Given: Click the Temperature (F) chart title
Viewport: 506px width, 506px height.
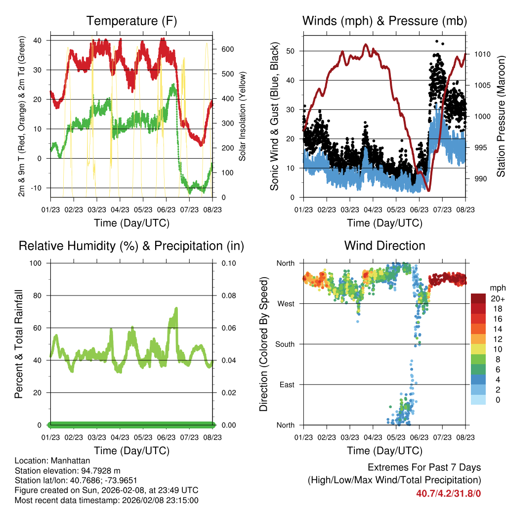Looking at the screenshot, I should [x=131, y=21].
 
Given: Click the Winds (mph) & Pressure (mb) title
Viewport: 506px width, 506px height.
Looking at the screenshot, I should [x=384, y=21].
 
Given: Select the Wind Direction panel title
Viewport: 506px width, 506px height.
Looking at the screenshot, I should [x=384, y=246].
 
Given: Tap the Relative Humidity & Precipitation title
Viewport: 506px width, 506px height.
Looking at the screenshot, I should [x=131, y=246].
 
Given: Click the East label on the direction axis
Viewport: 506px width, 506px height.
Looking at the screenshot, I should [x=286, y=384].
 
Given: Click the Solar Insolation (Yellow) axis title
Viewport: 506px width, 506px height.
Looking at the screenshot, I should [x=243, y=116].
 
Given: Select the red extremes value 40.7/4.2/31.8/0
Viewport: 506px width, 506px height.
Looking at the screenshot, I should [x=449, y=493].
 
